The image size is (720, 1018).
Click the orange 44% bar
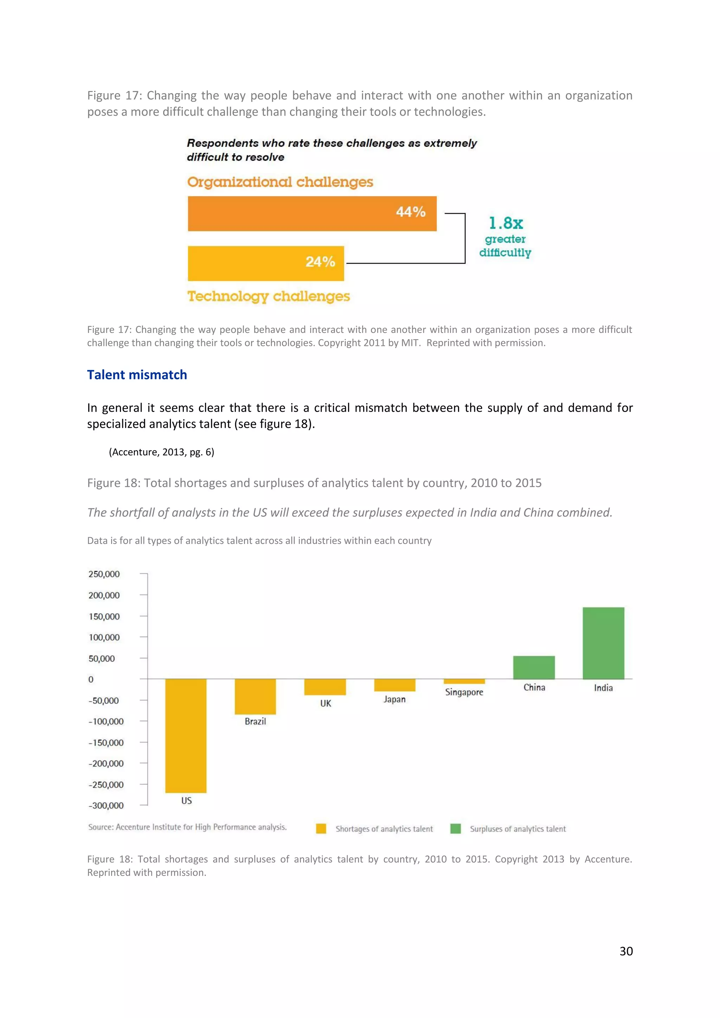point(312,213)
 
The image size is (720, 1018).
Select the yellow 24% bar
point(265,263)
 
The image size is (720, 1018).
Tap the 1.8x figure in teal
point(506,223)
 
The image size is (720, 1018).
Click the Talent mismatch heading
point(137,375)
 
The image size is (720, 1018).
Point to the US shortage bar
point(186,736)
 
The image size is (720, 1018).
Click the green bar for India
point(603,643)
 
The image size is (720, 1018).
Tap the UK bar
point(325,687)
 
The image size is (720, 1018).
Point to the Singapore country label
point(464,692)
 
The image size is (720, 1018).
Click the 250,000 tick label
point(104,574)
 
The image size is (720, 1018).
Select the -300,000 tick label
point(106,806)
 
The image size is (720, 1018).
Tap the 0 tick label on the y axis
point(91,679)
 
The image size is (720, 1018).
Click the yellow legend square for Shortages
point(321,829)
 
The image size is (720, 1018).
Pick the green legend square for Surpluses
point(455,829)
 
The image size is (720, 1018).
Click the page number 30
point(626,951)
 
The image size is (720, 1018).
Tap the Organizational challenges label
point(280,182)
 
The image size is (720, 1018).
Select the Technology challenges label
point(269,296)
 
